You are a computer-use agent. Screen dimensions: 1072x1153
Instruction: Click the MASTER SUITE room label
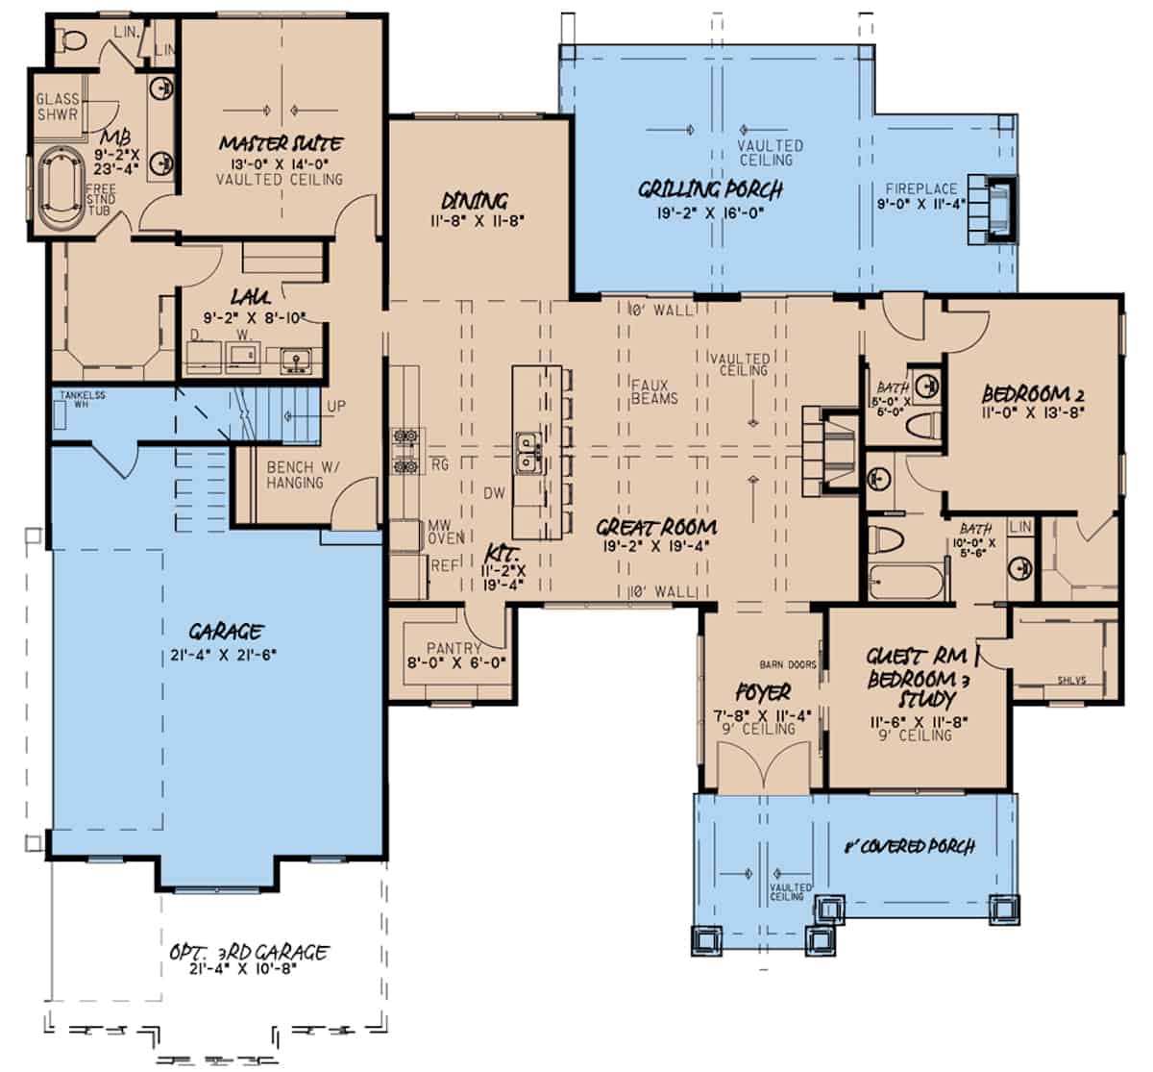pyautogui.click(x=280, y=144)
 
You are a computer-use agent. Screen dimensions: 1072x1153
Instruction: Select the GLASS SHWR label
pyautogui.click(x=57, y=107)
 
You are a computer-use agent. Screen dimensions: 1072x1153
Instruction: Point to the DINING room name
pyautogui.click(x=474, y=201)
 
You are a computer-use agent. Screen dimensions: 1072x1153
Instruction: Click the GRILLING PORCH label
pyautogui.click(x=710, y=189)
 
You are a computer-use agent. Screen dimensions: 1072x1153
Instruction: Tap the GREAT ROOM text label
pyautogui.click(x=656, y=527)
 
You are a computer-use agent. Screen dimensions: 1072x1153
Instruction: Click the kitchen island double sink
pyautogui.click(x=527, y=453)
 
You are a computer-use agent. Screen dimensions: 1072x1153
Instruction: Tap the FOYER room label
pyautogui.click(x=763, y=692)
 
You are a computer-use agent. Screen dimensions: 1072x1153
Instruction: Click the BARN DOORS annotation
pyautogui.click(x=788, y=664)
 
